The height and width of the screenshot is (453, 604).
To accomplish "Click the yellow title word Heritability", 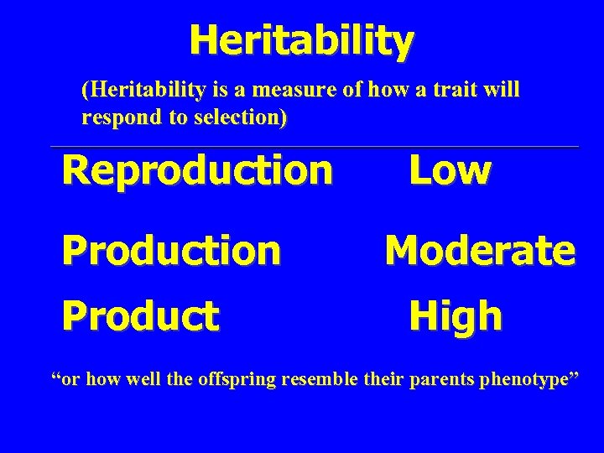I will pyautogui.click(x=301, y=39).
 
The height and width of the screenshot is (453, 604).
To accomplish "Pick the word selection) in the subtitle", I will pyautogui.click(x=243, y=117).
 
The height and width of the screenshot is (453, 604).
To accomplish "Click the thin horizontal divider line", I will pyautogui.click(x=315, y=147).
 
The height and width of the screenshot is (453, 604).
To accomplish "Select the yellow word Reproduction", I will pyautogui.click(x=197, y=170).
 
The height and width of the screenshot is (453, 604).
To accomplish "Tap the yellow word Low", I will pyautogui.click(x=450, y=170).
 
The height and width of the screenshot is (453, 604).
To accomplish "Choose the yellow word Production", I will pyautogui.click(x=171, y=249).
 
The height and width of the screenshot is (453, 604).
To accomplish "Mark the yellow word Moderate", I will pyautogui.click(x=480, y=249).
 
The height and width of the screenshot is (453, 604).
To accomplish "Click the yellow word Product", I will pyautogui.click(x=141, y=316).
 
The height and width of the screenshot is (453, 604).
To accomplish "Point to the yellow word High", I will pyautogui.click(x=456, y=316).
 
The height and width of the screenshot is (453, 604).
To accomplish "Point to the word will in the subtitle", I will pyautogui.click(x=503, y=90).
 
